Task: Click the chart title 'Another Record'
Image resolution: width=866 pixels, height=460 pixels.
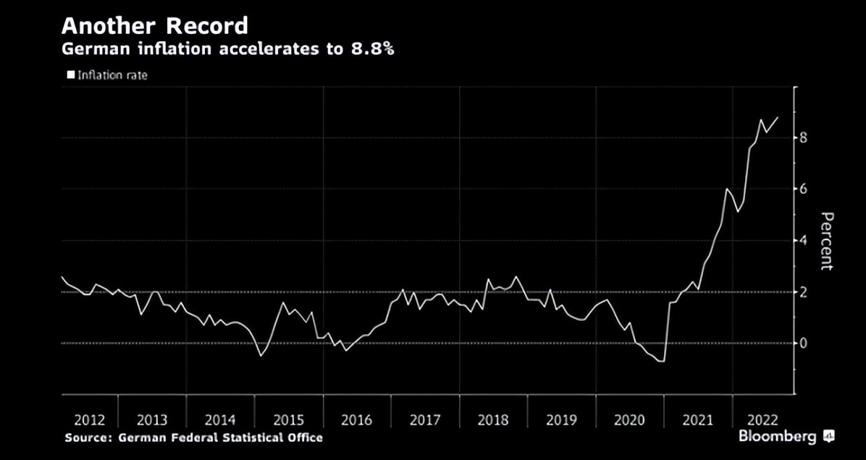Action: point(154,26)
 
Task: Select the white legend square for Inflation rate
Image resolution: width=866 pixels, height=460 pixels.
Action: point(71,74)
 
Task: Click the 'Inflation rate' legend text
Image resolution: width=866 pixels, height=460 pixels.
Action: point(112,74)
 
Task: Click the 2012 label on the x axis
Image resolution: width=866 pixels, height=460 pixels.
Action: point(90,420)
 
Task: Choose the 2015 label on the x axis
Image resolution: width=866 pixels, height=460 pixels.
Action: point(288,420)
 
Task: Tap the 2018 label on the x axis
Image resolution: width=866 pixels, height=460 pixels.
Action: point(493,420)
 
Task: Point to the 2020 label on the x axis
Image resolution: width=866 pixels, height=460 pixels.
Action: point(629,420)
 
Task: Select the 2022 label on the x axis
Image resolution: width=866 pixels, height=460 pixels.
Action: point(762,420)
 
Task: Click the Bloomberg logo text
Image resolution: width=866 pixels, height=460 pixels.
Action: point(778,437)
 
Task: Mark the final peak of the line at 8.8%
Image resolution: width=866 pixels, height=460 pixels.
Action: point(778,117)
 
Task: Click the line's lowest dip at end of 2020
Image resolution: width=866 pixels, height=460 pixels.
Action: point(662,360)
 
